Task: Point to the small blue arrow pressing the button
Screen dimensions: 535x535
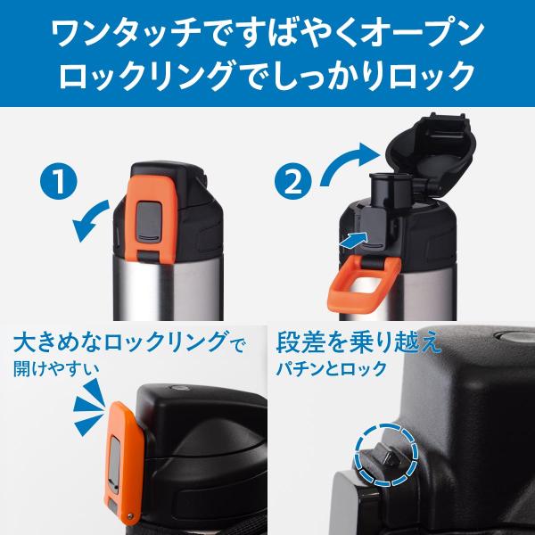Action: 354,240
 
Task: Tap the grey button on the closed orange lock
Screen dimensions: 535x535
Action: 149,220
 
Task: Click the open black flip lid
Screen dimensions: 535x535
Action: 431,152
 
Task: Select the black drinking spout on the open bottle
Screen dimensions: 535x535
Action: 390,190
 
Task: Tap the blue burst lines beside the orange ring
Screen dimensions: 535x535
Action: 88,407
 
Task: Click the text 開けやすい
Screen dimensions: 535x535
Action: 57,369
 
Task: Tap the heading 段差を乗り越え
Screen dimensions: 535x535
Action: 358,342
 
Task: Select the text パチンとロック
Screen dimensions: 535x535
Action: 331,369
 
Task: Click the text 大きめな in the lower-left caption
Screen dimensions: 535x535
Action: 58,342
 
